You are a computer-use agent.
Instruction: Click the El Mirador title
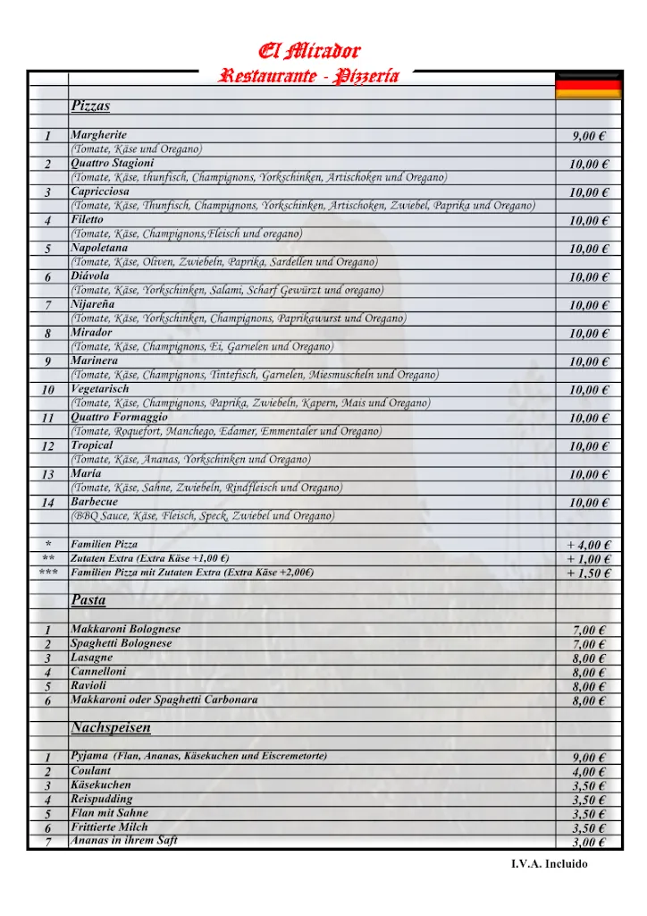point(309,50)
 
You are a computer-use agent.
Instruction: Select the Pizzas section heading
point(90,106)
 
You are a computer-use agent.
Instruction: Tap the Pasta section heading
point(88,599)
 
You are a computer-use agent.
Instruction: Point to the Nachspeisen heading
point(111,728)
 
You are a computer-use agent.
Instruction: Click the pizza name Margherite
point(99,135)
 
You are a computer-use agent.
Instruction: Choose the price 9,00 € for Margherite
point(589,136)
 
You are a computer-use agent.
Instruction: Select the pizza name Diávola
point(89,276)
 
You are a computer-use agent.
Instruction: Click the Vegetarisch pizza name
point(100,389)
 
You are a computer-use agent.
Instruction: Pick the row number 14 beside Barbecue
point(48,503)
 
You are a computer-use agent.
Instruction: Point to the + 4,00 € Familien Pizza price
point(589,545)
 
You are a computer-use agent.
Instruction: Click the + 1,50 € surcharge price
point(589,573)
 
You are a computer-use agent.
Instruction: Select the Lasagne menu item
point(92,657)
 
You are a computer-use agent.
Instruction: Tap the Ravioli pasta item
point(88,686)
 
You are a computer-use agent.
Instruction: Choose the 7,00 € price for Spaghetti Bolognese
point(589,644)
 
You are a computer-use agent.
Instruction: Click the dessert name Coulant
point(91,770)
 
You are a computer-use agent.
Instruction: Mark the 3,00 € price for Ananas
point(589,843)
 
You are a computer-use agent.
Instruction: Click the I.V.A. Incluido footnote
point(550,864)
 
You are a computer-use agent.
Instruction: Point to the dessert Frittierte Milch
point(109,827)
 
